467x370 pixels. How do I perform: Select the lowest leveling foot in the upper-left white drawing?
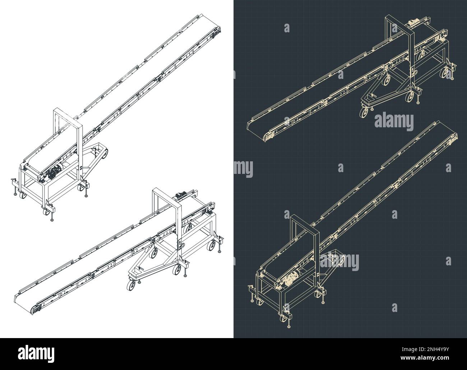[53, 219]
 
